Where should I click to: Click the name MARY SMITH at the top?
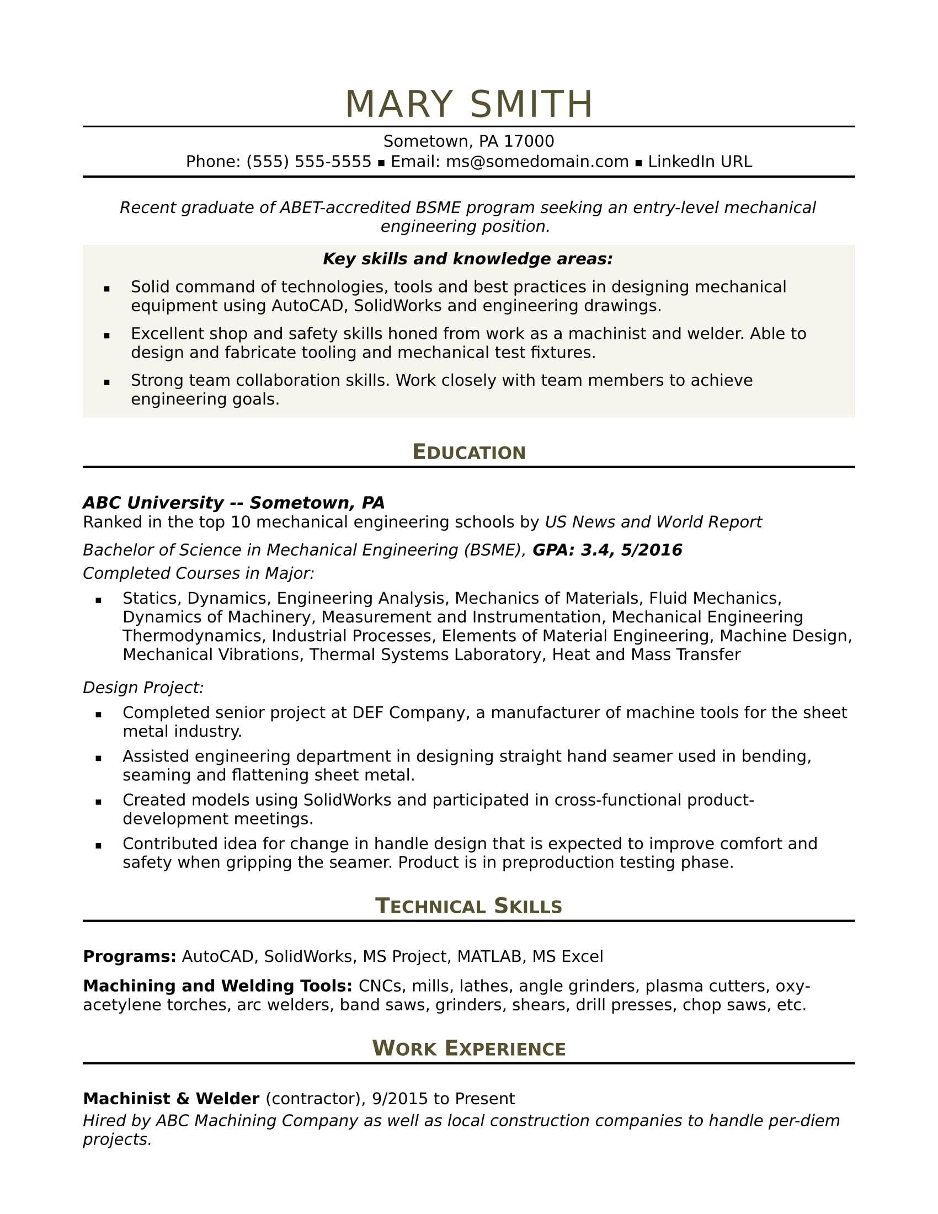(x=468, y=104)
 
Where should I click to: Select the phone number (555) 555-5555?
(x=308, y=162)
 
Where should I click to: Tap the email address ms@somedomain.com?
(x=537, y=162)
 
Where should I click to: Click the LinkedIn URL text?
(x=700, y=162)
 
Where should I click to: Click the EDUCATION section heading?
(x=468, y=452)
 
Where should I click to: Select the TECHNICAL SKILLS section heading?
(x=468, y=906)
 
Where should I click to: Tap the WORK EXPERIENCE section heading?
(x=468, y=1048)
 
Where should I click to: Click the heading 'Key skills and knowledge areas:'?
(x=467, y=259)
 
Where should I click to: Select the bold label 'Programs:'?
(x=130, y=957)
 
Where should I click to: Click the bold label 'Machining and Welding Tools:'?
(x=217, y=986)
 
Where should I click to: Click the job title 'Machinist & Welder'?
(x=171, y=1099)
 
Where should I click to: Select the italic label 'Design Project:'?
(x=143, y=688)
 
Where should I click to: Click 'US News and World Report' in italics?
(x=653, y=522)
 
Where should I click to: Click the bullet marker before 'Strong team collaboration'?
(x=106, y=382)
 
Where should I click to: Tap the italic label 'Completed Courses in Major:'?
(x=199, y=574)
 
